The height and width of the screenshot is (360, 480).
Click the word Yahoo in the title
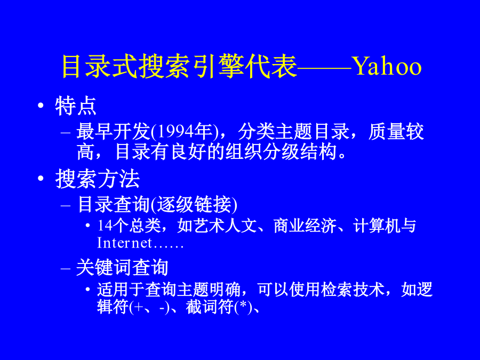point(388,67)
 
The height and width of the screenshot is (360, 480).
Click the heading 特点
point(76,106)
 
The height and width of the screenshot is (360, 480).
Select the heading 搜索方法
point(98,179)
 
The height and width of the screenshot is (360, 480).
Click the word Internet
point(124,243)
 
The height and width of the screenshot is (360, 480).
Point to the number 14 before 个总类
point(105,226)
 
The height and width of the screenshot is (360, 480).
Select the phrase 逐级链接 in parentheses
point(194,204)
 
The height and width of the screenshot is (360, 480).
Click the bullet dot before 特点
point(41,106)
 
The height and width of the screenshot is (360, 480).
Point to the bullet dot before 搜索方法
point(41,178)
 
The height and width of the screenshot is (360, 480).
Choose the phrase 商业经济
point(305,226)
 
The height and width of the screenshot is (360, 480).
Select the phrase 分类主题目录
point(293,132)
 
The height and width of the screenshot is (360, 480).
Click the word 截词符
point(210,307)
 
